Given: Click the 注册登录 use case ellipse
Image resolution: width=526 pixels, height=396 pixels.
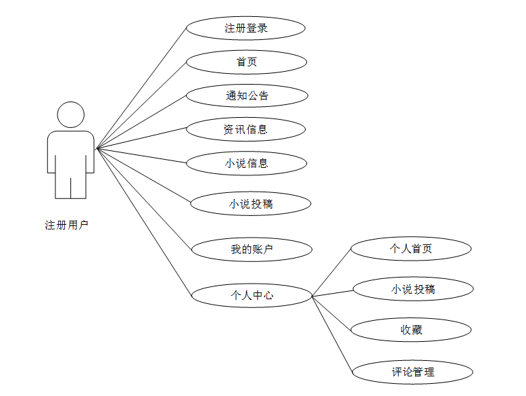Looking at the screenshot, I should click(245, 28).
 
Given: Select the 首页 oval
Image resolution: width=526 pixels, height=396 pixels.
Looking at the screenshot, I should click(246, 62).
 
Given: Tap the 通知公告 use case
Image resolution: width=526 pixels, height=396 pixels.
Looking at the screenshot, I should click(247, 95).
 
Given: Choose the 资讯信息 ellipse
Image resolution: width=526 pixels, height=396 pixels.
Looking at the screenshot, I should click(245, 129).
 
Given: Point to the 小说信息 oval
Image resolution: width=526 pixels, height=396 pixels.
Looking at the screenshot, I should click(246, 162).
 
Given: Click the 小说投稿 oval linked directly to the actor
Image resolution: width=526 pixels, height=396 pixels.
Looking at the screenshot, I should click(251, 203).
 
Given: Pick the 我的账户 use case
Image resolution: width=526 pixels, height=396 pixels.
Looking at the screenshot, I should click(252, 249).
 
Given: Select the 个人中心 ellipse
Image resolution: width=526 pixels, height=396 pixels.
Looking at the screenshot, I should click(252, 295).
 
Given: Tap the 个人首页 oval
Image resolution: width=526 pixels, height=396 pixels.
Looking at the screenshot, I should click(411, 248).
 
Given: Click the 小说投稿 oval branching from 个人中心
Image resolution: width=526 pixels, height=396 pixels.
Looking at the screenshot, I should click(412, 290).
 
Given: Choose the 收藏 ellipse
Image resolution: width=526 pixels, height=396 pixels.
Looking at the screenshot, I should click(411, 330).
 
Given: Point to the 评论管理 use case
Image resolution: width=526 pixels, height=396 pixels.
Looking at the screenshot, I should click(412, 372).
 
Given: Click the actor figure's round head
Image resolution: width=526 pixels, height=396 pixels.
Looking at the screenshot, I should click(71, 114).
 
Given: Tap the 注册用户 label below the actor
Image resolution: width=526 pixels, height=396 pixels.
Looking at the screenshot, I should click(66, 225).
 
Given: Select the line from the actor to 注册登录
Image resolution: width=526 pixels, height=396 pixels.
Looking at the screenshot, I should click(141, 89).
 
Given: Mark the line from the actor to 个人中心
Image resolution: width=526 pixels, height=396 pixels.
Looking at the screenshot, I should click(144, 221).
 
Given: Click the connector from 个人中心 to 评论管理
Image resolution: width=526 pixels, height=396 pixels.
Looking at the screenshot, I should click(332, 334).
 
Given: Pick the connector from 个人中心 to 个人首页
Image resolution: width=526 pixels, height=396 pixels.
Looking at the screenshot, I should click(331, 272).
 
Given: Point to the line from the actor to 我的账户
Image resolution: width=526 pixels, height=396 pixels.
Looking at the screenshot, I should click(144, 198).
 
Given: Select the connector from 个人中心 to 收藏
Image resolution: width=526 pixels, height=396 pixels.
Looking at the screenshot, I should click(332, 313).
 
